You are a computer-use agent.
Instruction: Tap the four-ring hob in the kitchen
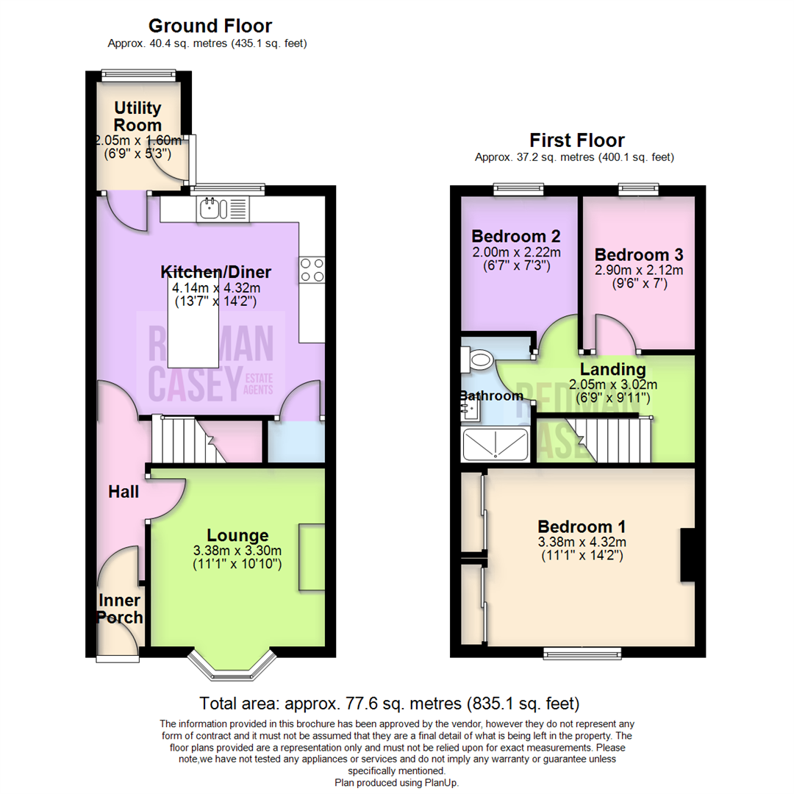[312, 270]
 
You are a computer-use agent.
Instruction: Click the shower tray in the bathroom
[495, 444]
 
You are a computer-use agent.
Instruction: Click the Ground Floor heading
[210, 26]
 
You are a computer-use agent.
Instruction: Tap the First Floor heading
[577, 140]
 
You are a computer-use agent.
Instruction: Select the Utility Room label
[137, 116]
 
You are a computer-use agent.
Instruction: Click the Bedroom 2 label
[515, 236]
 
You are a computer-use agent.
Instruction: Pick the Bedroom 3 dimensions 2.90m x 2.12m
[639, 270]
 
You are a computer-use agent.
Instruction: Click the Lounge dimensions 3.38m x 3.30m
[237, 551]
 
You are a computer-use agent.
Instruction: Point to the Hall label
[124, 492]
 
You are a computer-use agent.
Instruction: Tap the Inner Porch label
[120, 609]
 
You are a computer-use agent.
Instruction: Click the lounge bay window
[232, 665]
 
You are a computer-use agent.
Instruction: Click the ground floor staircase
[188, 439]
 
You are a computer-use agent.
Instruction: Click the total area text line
[389, 704]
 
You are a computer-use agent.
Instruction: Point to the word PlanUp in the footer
[440, 783]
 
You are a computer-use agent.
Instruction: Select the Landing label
[612, 368]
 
